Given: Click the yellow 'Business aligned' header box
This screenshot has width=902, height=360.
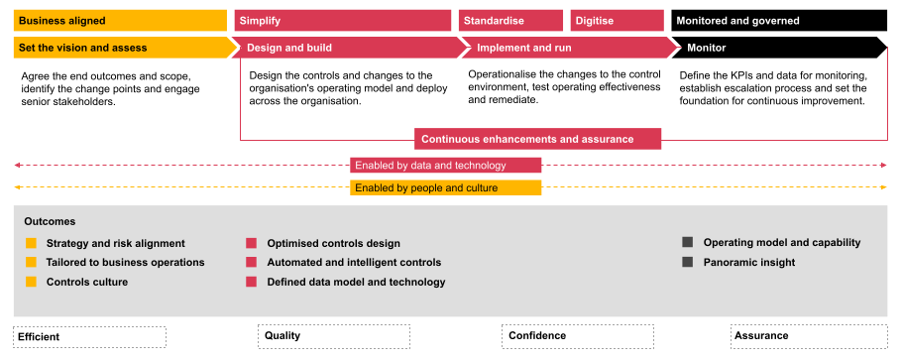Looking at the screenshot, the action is [x=120, y=21].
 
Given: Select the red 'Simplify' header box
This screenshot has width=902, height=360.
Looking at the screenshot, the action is [x=343, y=21].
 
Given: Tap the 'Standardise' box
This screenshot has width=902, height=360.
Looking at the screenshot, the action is [x=510, y=21].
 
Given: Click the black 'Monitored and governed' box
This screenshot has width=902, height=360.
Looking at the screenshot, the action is [x=779, y=21].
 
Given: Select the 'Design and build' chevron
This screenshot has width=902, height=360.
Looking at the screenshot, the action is [x=348, y=48].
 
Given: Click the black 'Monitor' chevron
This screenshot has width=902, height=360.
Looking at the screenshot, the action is [x=780, y=48].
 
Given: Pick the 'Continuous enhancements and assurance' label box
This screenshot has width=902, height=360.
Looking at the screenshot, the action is [x=538, y=140].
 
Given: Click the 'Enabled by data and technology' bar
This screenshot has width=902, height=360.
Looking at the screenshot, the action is [x=446, y=166].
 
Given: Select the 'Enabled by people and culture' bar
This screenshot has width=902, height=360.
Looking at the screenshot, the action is [x=446, y=187].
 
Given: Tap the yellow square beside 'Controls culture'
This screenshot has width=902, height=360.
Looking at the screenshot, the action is [x=31, y=282].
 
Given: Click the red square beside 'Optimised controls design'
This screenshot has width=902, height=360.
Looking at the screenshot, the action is [x=252, y=243].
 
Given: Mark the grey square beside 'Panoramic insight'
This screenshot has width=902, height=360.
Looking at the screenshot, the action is [x=688, y=262].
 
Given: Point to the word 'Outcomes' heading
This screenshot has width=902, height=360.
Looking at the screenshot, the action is [x=50, y=222].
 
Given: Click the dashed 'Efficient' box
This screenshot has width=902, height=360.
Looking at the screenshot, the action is [x=90, y=337].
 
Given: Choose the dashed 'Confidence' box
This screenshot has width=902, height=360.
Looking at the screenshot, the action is [x=578, y=336].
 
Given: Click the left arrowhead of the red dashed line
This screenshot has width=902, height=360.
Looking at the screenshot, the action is [x=17, y=166].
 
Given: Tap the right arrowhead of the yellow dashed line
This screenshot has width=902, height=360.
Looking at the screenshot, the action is [x=884, y=187].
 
